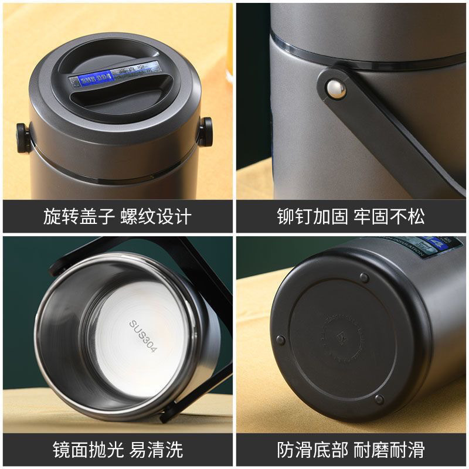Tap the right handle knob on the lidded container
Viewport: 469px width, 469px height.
coord(206,130)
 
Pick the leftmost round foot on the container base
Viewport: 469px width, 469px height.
coord(281,340)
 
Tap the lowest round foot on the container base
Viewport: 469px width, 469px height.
coord(379,400)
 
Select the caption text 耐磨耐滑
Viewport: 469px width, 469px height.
coord(390,450)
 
